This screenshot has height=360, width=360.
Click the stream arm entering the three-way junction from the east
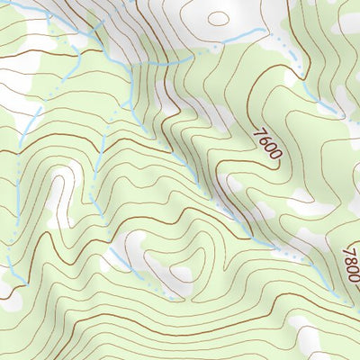[166, 61]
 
